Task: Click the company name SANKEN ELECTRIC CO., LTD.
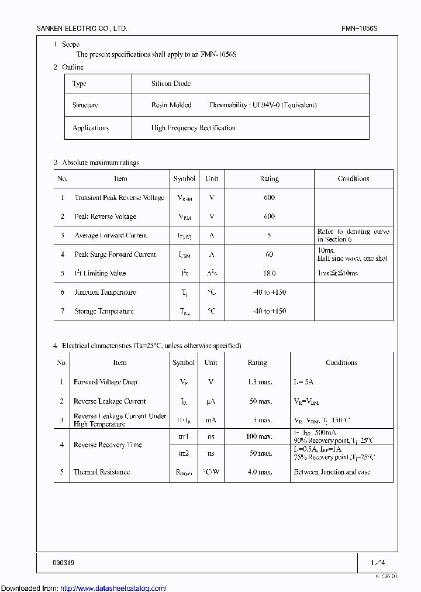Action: point(81,28)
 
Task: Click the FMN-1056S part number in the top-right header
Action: point(360,28)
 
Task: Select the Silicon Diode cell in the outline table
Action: point(171,84)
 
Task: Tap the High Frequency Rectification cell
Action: point(193,128)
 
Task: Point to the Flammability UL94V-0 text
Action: point(263,105)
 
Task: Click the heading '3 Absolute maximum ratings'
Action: point(96,163)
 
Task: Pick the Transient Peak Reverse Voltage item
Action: point(119,198)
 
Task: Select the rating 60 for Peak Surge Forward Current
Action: point(269,254)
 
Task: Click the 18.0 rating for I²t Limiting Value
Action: point(269,273)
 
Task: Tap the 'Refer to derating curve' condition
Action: point(353,235)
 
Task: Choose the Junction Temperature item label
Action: point(105,292)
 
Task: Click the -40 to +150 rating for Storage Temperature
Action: point(269,311)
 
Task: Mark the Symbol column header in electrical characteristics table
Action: point(184,363)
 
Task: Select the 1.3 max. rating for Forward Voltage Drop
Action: point(257,382)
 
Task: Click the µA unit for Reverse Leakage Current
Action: point(211,401)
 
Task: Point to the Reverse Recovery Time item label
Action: point(108,445)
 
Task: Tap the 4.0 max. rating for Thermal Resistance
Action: point(257,472)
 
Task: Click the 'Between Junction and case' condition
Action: point(332,472)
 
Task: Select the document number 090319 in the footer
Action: point(63,563)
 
